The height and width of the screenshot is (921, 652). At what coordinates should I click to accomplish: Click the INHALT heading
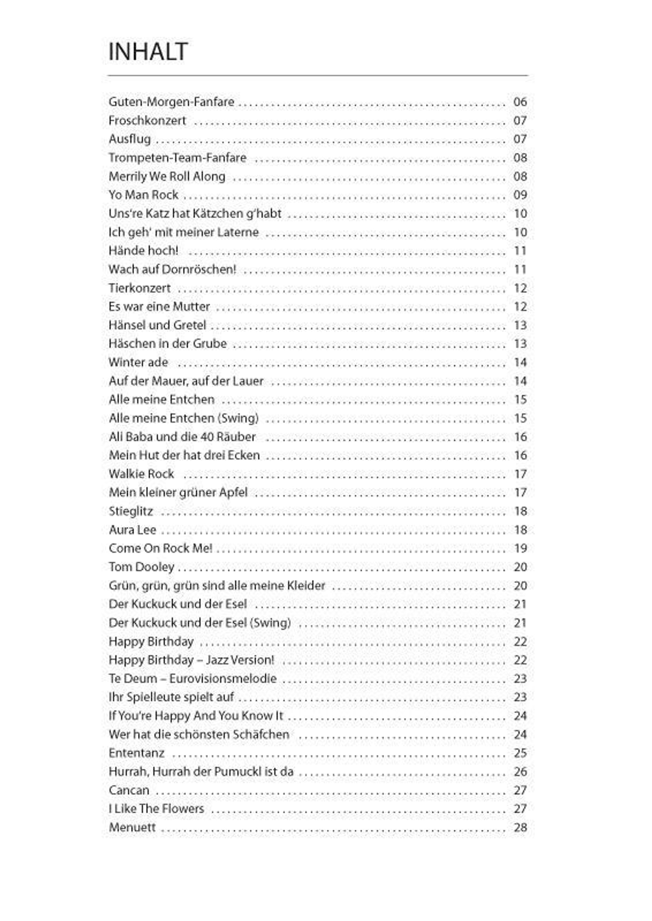148,52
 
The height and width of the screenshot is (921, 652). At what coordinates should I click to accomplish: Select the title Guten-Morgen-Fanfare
171,102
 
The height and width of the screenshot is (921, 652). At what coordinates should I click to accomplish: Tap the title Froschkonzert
147,120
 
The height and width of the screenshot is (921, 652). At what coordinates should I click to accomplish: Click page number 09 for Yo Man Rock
520,195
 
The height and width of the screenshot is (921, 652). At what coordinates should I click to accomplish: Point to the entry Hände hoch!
143,251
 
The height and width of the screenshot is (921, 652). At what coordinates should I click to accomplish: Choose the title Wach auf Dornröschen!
172,269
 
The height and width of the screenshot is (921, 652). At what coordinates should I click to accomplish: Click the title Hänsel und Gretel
157,325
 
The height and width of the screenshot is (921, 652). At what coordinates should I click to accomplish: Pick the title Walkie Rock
141,474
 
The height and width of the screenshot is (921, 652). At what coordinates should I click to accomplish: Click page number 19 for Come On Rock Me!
520,548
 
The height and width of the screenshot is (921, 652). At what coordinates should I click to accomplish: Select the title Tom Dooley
141,567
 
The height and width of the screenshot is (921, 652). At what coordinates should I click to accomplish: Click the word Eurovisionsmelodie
223,679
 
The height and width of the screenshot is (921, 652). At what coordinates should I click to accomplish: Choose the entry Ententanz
136,753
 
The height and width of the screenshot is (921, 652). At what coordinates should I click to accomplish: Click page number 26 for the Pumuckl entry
520,771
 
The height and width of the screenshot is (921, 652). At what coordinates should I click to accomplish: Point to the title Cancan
129,790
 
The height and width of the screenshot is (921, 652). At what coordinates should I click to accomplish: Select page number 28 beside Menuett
520,828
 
